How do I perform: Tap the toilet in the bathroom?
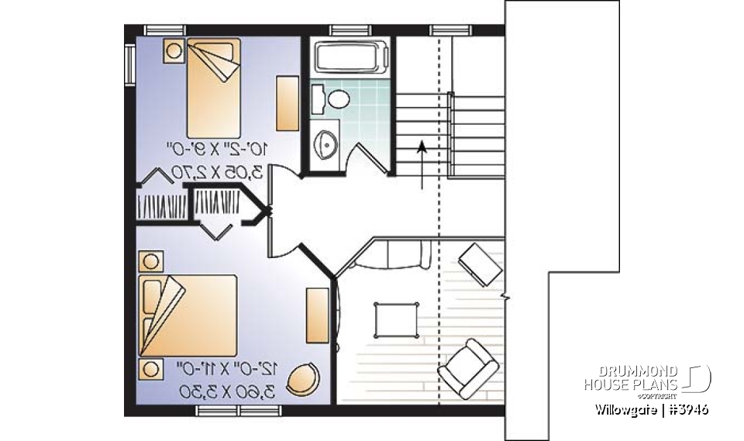click(338, 98)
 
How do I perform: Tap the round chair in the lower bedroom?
click(303, 379)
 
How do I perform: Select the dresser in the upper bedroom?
click(288, 103)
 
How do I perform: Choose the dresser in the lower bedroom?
click(316, 314)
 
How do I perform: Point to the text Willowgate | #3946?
click(652, 409)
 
